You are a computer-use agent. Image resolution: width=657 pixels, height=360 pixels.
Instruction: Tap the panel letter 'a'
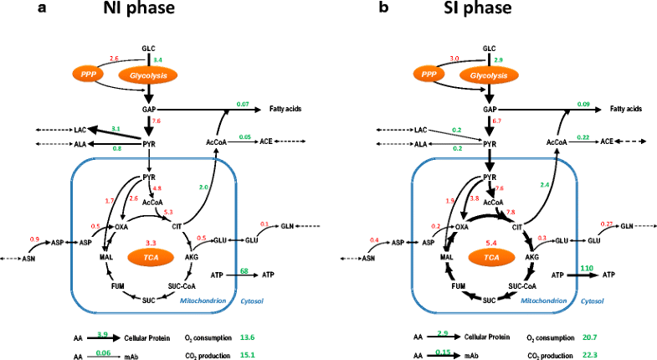(x=11, y=12)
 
